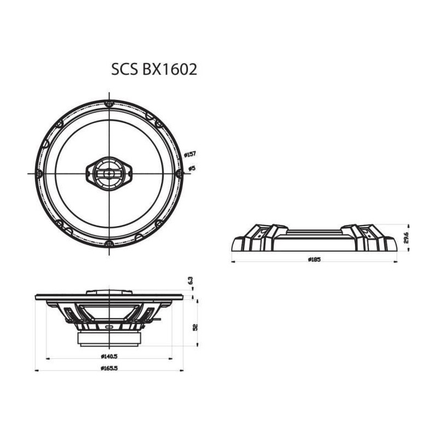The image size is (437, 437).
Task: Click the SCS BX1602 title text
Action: pos(154,69)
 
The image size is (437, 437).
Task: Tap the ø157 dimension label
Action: pos(190,154)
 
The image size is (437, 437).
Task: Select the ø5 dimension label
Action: pos(192,168)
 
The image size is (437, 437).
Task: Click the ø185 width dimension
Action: pos(315,259)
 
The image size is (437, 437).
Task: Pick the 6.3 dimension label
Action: pos(191,280)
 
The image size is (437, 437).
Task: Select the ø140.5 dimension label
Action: pos(109,356)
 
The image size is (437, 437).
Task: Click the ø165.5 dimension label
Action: pos(109,368)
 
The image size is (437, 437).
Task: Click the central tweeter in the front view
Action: pos(109,174)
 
